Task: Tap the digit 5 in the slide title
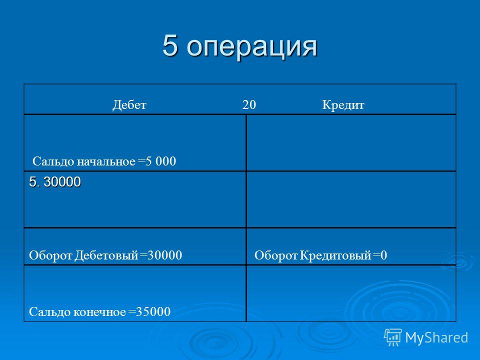(x=170, y=45)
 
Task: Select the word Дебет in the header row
(x=129, y=105)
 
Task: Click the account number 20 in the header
(x=249, y=104)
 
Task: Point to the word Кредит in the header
(x=343, y=105)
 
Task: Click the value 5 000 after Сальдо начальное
(x=161, y=161)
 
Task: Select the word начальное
(x=106, y=161)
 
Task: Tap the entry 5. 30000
(x=55, y=182)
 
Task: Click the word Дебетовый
(x=106, y=255)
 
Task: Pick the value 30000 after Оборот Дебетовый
(x=164, y=255)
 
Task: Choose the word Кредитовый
(x=335, y=255)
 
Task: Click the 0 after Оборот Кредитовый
(x=384, y=255)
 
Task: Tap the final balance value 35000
(x=153, y=311)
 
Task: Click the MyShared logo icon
(x=393, y=337)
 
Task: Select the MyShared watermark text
(x=436, y=337)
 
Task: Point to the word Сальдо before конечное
(x=50, y=312)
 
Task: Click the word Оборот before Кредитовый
(x=276, y=255)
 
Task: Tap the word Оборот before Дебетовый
(x=50, y=255)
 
